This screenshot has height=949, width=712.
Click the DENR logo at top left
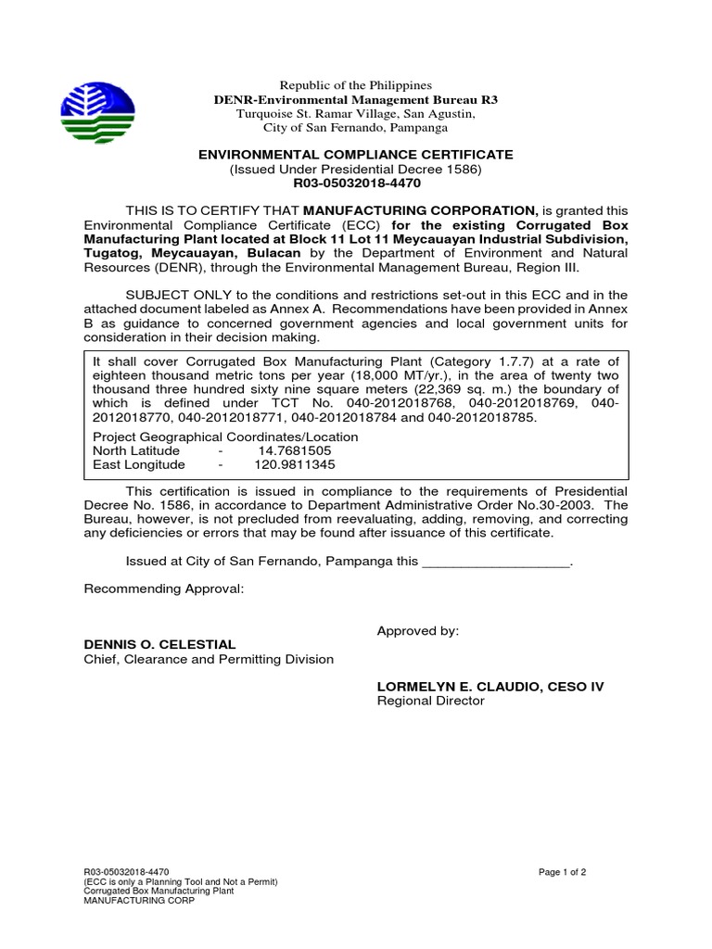(x=97, y=112)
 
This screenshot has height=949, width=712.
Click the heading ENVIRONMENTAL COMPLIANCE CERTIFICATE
(x=356, y=155)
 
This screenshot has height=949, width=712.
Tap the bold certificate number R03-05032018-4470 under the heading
(x=356, y=183)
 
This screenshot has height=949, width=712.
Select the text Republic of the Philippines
(x=356, y=85)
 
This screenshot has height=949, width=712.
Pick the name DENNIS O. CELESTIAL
(x=160, y=644)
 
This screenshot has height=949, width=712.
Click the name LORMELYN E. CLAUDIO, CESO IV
(x=490, y=687)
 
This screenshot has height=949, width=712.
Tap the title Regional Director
(x=430, y=702)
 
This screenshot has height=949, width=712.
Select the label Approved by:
(x=417, y=631)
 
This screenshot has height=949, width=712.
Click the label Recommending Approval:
(x=164, y=588)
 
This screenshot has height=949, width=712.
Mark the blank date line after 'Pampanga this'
(x=496, y=563)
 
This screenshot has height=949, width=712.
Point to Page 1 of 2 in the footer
(x=563, y=872)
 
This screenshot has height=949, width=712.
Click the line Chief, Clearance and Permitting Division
(x=209, y=659)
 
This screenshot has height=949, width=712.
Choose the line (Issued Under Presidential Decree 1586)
(x=356, y=170)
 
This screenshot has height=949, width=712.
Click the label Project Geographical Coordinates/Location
(x=225, y=437)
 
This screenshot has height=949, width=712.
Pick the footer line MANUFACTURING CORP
(x=139, y=900)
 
